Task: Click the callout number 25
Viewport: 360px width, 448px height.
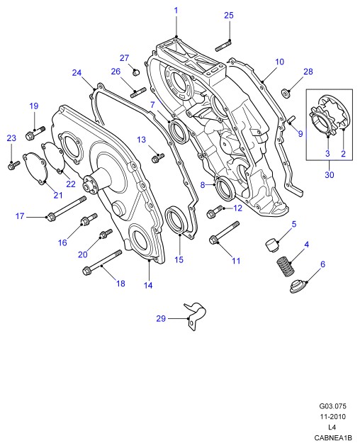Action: (x=229, y=16)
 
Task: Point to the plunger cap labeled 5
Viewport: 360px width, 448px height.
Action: (x=271, y=245)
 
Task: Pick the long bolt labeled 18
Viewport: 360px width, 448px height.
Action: (x=102, y=262)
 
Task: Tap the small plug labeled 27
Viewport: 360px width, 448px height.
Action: (x=136, y=72)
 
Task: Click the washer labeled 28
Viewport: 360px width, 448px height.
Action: (x=286, y=93)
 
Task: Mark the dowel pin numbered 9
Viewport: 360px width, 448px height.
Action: (x=291, y=120)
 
